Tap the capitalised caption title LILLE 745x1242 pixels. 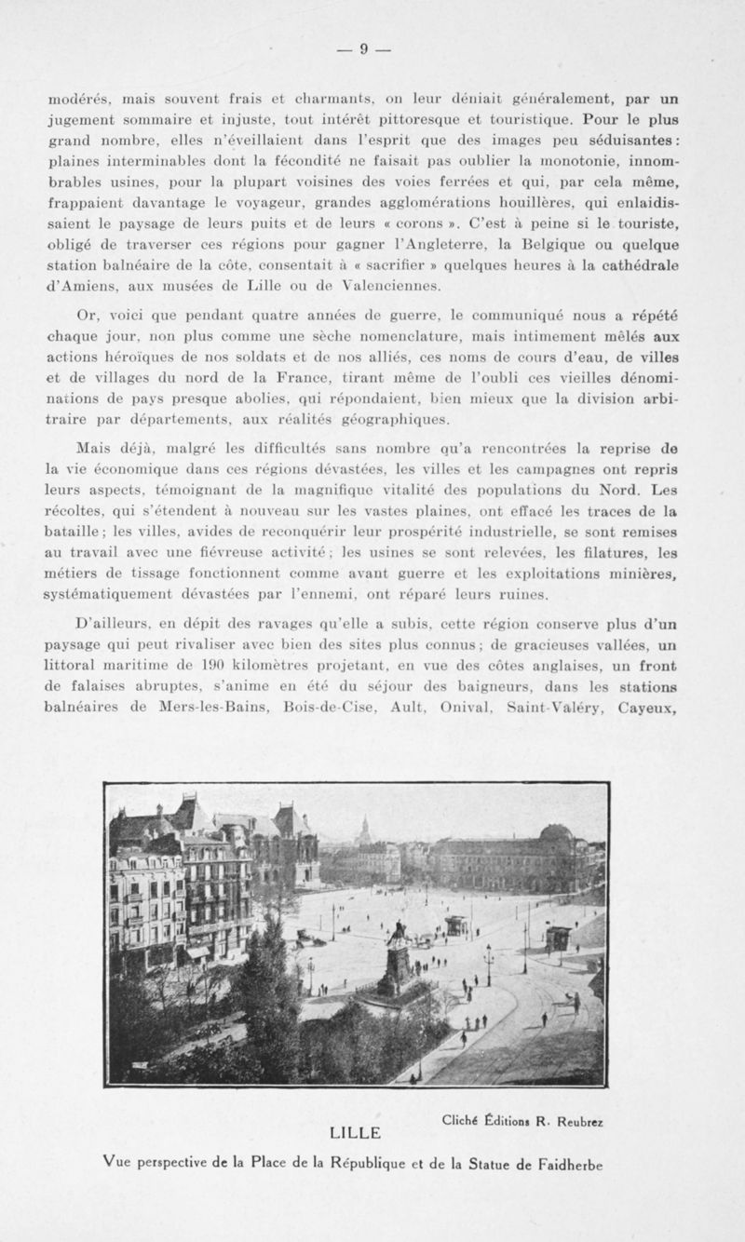pos(357,1133)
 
